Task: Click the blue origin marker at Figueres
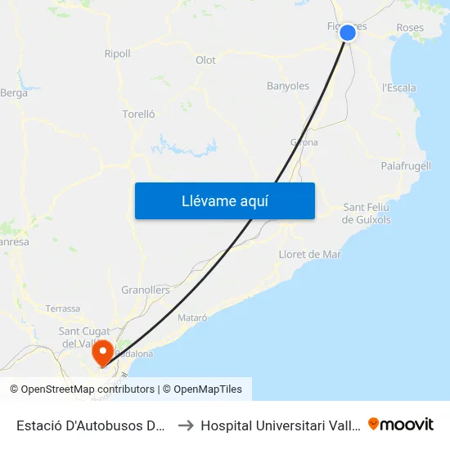pos(348,33)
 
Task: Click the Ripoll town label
pos(117,54)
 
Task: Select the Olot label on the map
pos(205,61)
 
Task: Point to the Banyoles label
pos(288,86)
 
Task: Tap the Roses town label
pos(410,28)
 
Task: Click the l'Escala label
pos(399,88)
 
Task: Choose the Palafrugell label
pos(406,166)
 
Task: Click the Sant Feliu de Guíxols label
pos(367,214)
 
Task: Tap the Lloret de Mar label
pos(310,254)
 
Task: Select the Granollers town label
pos(146,290)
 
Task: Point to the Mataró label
pos(192,317)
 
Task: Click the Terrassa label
pos(63,308)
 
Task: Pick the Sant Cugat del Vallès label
pos(80,336)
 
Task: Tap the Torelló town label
pos(138,115)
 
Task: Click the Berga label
pos(15,93)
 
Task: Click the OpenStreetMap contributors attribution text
pos(88,389)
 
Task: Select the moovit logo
pos(401,425)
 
